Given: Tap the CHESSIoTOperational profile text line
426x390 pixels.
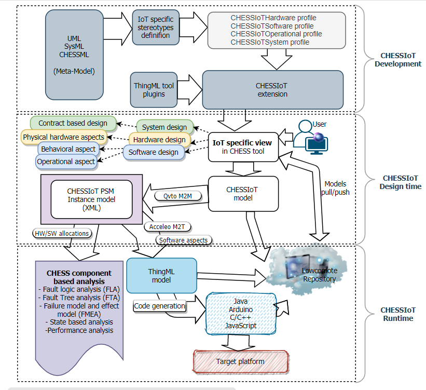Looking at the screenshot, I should (x=276, y=34).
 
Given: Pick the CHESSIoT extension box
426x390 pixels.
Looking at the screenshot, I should (x=272, y=90).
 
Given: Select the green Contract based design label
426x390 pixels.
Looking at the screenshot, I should (x=73, y=124).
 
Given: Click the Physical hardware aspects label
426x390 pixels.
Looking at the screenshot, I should (x=63, y=137).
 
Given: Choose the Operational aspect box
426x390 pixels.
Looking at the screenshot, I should (x=66, y=162).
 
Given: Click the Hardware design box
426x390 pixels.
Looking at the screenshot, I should (x=159, y=140).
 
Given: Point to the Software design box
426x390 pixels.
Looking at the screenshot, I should (x=153, y=152).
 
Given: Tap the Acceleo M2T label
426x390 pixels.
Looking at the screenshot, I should (x=163, y=227).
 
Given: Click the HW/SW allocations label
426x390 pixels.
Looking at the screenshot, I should (x=61, y=233).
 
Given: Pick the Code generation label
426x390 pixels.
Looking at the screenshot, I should (x=160, y=306).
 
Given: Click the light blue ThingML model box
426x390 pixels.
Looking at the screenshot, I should (x=162, y=276).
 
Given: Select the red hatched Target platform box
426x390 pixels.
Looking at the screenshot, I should (x=240, y=361).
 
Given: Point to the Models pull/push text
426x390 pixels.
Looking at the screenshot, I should (x=337, y=187).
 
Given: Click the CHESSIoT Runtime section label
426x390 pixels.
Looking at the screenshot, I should (x=396, y=314).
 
